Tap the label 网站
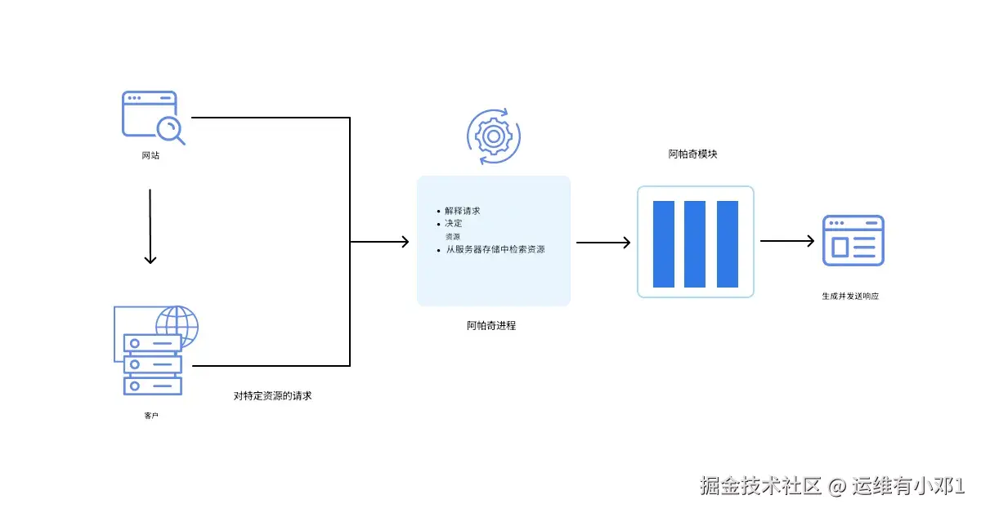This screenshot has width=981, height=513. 150,155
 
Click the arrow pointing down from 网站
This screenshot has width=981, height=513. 150,227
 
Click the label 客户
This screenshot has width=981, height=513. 150,416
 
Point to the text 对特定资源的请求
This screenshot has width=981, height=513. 273,396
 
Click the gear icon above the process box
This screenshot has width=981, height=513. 493,135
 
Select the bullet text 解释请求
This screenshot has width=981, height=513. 463,211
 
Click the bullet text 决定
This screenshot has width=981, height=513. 454,223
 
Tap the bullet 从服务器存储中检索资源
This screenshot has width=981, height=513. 495,249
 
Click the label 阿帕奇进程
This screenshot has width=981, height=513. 491,325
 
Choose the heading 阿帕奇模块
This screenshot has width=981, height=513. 692,154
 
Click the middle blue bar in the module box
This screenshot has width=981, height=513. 695,243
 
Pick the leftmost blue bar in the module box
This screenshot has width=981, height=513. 663,243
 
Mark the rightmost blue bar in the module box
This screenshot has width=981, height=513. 728,243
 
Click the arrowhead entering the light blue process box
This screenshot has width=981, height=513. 403,242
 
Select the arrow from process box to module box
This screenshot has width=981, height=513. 603,242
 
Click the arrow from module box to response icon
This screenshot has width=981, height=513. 787,241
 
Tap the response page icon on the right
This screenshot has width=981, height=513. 853,240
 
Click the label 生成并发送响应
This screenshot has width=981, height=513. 850,296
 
